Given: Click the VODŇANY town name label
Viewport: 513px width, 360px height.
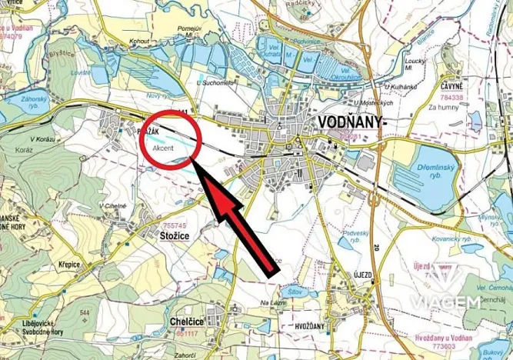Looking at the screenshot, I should point(350,122).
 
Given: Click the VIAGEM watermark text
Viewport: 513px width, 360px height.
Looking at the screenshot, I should point(445,302).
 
